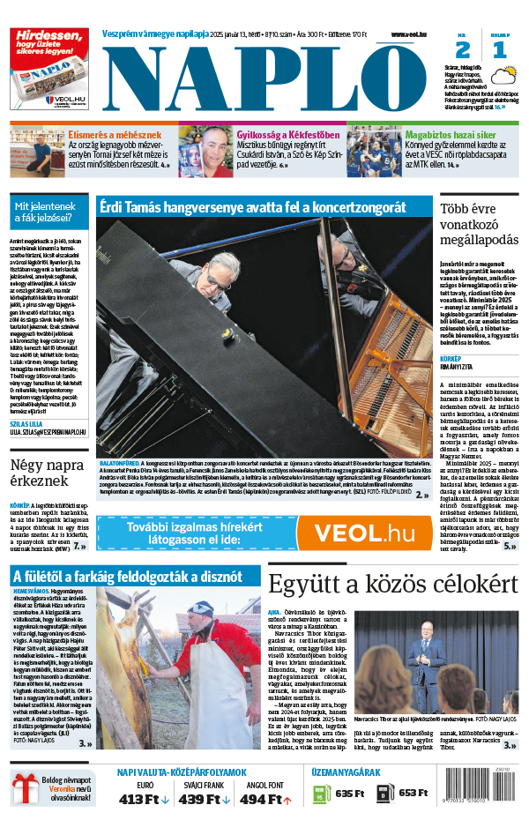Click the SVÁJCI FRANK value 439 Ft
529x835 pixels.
click(x=203, y=799)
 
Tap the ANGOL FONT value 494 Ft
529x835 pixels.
click(x=264, y=799)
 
